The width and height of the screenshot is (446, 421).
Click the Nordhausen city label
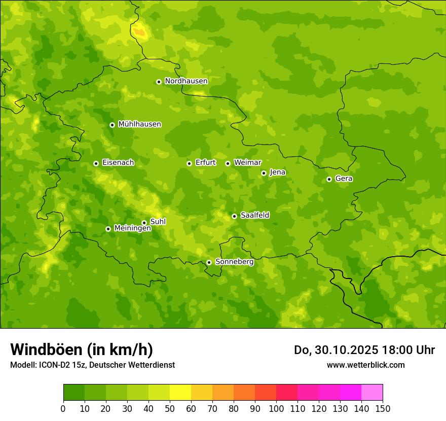pos(186,81)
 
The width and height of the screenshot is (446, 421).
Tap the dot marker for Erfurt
pos(189,163)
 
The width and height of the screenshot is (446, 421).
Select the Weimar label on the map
pos(247,163)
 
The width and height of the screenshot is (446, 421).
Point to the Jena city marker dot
pos(264,173)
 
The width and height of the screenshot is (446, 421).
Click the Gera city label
pos(344,179)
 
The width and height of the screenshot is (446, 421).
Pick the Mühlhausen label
pos(139,124)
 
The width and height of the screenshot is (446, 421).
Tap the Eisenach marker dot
pos(96,163)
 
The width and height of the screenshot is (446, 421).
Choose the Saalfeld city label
pos(254,216)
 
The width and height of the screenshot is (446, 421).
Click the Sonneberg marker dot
pos(209,262)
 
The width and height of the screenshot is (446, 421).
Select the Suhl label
pos(158,222)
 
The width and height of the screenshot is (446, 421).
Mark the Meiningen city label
pos(132,228)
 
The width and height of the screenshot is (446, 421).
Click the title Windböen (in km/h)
pos(81,349)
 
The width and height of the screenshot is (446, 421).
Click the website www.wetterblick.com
pos(365,365)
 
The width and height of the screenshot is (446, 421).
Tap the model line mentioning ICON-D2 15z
pos(92,365)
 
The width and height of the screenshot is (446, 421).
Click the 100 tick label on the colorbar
pos(276,408)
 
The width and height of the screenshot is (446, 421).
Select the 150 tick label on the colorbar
pos(383,408)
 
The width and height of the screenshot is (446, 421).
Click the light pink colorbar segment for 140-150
pos(372,393)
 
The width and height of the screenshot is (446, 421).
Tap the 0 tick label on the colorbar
pos(63,408)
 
